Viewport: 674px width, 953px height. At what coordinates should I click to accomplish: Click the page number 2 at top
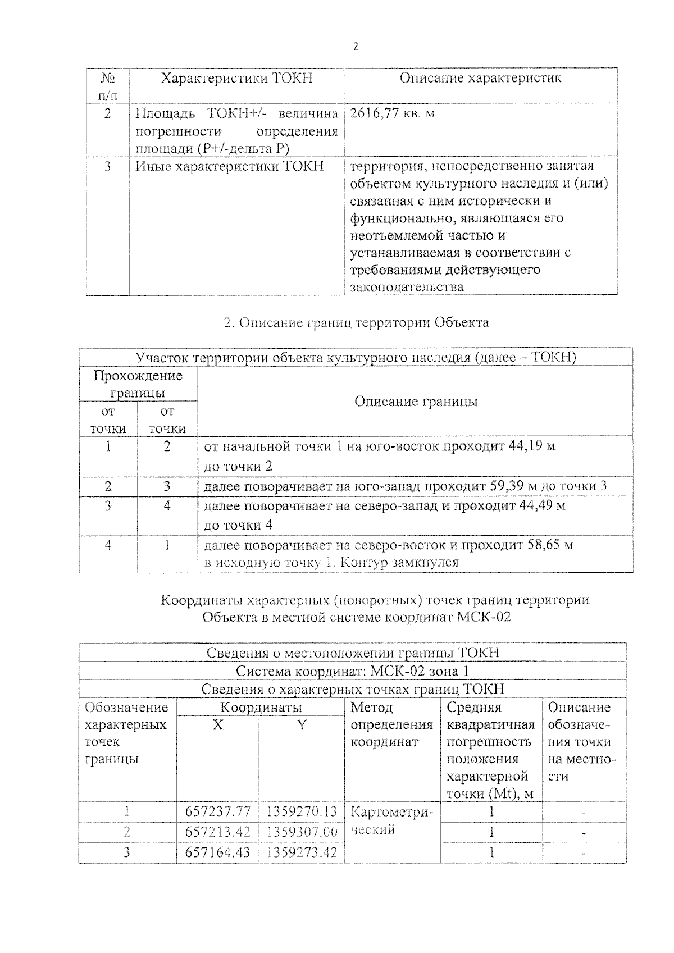355,47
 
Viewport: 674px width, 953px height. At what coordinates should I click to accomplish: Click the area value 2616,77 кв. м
392,113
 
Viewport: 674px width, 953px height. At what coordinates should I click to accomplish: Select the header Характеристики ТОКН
236,78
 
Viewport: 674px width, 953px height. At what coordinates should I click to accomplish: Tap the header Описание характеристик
480,77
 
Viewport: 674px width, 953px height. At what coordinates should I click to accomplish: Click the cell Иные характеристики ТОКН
230,166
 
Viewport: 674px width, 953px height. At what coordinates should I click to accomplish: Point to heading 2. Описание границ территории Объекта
356,322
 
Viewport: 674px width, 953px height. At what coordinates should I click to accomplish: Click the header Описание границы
416,401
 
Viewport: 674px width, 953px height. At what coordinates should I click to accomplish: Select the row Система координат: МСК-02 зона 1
352,671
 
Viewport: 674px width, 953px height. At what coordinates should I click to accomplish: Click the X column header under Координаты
218,725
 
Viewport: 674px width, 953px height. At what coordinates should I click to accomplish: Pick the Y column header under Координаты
302,725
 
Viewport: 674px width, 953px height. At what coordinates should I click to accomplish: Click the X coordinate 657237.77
218,811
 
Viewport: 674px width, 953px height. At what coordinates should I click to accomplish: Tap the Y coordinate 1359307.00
302,832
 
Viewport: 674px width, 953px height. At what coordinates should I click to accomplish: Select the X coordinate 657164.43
218,852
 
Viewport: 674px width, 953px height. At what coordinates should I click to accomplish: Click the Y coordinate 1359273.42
302,852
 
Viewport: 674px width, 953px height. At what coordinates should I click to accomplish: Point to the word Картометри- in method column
391,812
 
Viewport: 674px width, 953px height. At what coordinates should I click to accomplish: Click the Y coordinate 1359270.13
302,811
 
